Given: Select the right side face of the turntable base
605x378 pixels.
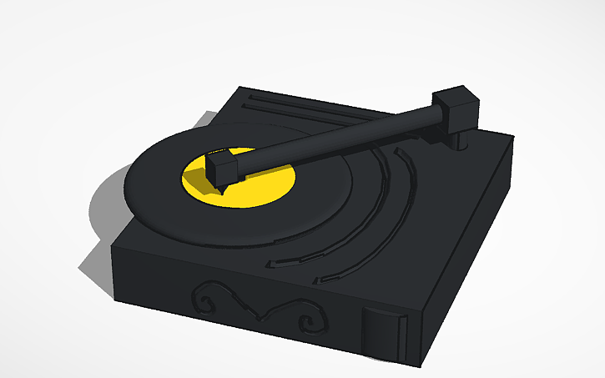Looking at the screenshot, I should [x=467, y=259].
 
